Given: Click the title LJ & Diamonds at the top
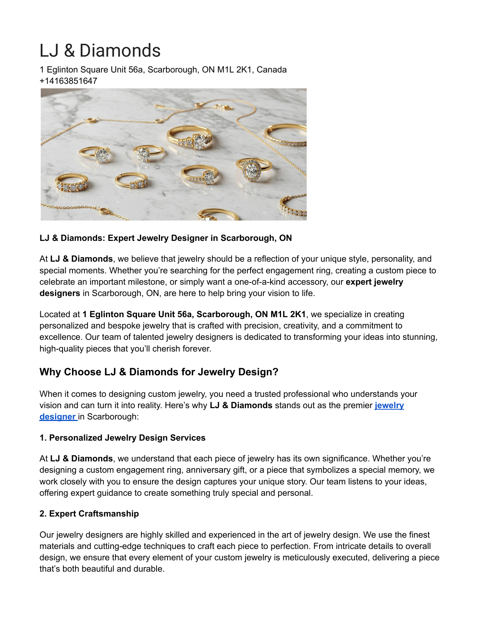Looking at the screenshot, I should click(x=100, y=51).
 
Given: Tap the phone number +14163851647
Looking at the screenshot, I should click(x=68, y=81).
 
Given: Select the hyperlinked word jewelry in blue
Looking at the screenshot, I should click(x=389, y=406).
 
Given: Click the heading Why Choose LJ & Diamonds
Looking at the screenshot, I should click(x=158, y=372).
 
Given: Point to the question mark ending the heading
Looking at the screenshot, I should click(x=276, y=372).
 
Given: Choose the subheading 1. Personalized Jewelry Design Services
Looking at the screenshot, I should click(x=122, y=438).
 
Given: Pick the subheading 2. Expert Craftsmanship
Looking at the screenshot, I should click(x=89, y=514).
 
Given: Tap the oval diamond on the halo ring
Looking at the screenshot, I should click(x=251, y=170).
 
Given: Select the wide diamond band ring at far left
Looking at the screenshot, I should click(x=71, y=183).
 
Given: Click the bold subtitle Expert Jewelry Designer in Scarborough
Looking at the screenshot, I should click(x=200, y=238).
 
